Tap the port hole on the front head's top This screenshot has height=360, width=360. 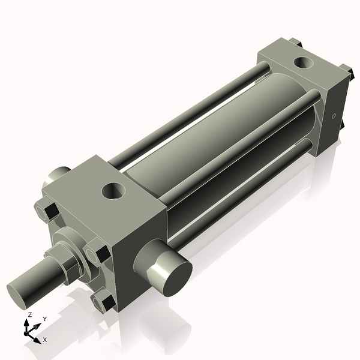coord(114,191)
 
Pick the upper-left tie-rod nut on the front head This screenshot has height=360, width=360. coord(46,211)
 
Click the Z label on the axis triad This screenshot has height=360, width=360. coord(29,314)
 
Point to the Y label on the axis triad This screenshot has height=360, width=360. coord(44,319)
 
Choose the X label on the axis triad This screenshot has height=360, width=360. coord(45,340)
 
